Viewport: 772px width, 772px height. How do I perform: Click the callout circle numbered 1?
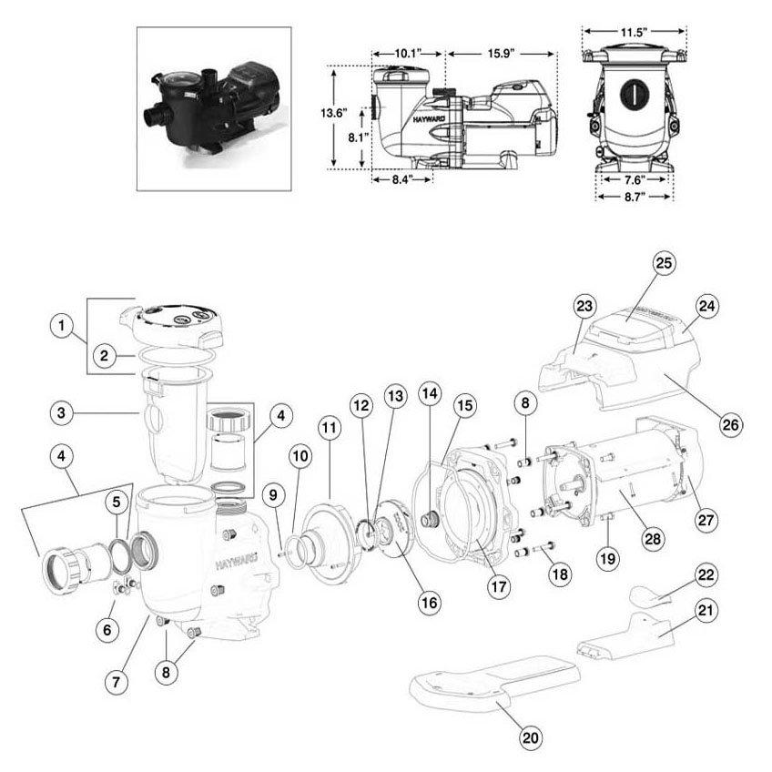tap(62, 325)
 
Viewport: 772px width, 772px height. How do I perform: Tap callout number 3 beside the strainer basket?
tap(62, 413)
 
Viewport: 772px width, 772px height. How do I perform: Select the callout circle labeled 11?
tap(329, 426)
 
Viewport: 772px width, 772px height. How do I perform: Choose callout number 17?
tap(497, 587)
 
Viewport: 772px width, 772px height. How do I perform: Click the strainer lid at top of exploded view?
tap(173, 321)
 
